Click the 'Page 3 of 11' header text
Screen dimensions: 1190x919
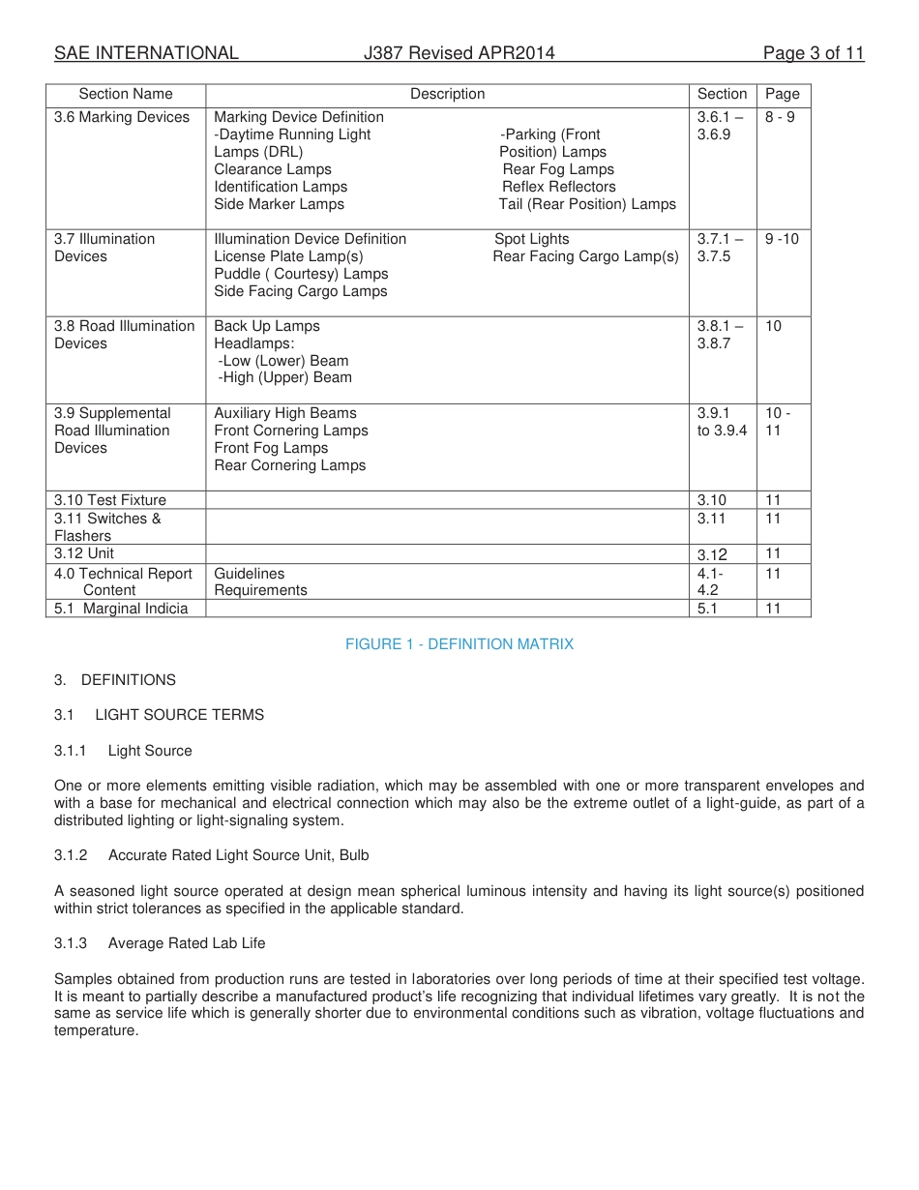(x=813, y=53)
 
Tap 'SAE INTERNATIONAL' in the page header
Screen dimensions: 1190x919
(x=146, y=53)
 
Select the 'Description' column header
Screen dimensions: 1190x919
(x=447, y=94)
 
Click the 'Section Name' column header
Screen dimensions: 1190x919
(x=126, y=94)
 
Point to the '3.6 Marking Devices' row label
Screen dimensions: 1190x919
(x=122, y=117)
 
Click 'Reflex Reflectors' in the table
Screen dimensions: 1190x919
(x=558, y=187)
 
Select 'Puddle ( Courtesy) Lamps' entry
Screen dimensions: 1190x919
(x=301, y=274)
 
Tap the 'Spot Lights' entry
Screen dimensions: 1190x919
(x=532, y=239)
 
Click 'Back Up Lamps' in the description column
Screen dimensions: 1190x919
(x=267, y=326)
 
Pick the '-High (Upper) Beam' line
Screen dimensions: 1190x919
(x=284, y=377)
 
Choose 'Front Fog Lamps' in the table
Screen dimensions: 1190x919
(x=271, y=448)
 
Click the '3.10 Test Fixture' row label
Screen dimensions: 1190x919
(x=110, y=500)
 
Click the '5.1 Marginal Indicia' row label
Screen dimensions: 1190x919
(x=121, y=609)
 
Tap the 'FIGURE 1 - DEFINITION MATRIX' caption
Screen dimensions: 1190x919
(x=459, y=644)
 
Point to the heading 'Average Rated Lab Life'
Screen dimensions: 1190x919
(x=187, y=943)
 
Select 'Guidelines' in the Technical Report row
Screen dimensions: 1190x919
(x=250, y=574)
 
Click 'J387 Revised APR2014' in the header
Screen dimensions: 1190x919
(x=459, y=53)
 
